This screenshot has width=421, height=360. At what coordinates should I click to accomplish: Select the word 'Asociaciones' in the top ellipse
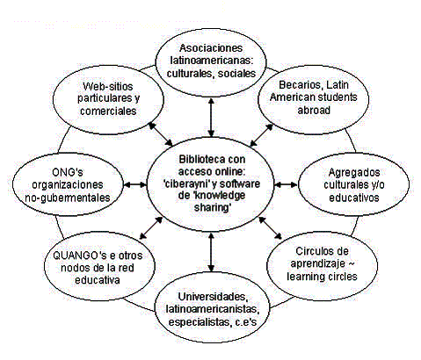coord(211,48)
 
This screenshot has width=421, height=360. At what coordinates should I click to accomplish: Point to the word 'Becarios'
coord(301,85)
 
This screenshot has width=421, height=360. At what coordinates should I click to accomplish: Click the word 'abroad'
coord(314,110)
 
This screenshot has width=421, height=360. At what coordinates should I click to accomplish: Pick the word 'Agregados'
coord(354,172)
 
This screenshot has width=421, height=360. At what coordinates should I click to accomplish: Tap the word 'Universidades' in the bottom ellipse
coord(213,297)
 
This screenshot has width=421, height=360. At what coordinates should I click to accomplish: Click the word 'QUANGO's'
coord(79,256)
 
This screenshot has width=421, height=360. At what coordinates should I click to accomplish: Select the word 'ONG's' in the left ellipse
coord(68,172)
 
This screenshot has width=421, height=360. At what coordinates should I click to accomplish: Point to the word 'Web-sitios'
coord(108,86)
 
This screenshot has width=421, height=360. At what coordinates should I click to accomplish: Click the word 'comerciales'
coord(108,112)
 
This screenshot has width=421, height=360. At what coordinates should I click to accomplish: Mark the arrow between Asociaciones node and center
coord(211,118)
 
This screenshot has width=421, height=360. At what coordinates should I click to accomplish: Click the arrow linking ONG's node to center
coord(135,184)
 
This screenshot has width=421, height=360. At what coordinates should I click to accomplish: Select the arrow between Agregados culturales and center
coord(286,184)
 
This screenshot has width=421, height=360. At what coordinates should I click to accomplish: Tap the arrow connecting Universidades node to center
coord(211,252)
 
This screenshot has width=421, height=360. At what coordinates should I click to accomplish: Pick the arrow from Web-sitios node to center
coord(161,133)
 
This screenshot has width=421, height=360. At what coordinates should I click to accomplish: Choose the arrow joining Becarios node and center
coord(261,135)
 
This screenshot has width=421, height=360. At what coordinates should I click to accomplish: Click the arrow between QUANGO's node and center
coord(151,228)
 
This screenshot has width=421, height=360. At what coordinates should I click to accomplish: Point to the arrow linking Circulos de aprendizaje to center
coord(270,227)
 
